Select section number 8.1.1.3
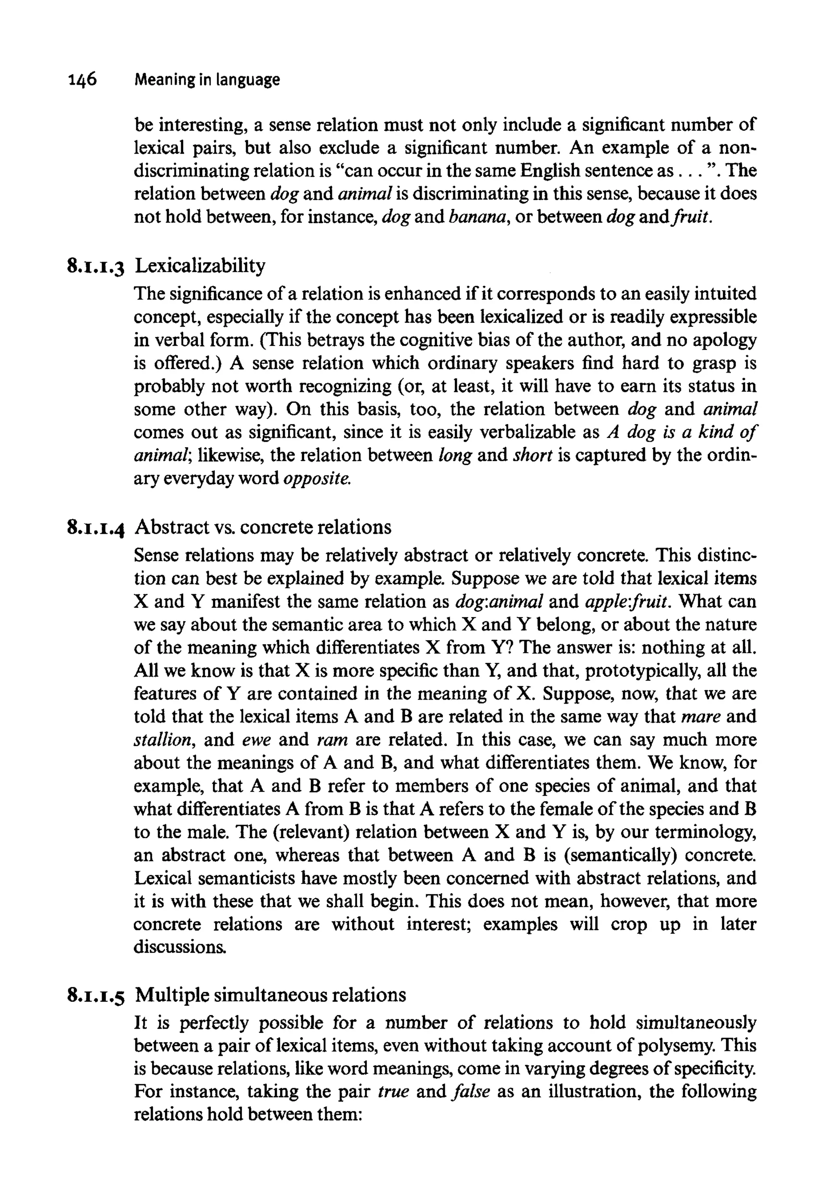pos(96,267)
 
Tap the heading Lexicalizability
pos(200,266)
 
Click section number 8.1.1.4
pos(96,528)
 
